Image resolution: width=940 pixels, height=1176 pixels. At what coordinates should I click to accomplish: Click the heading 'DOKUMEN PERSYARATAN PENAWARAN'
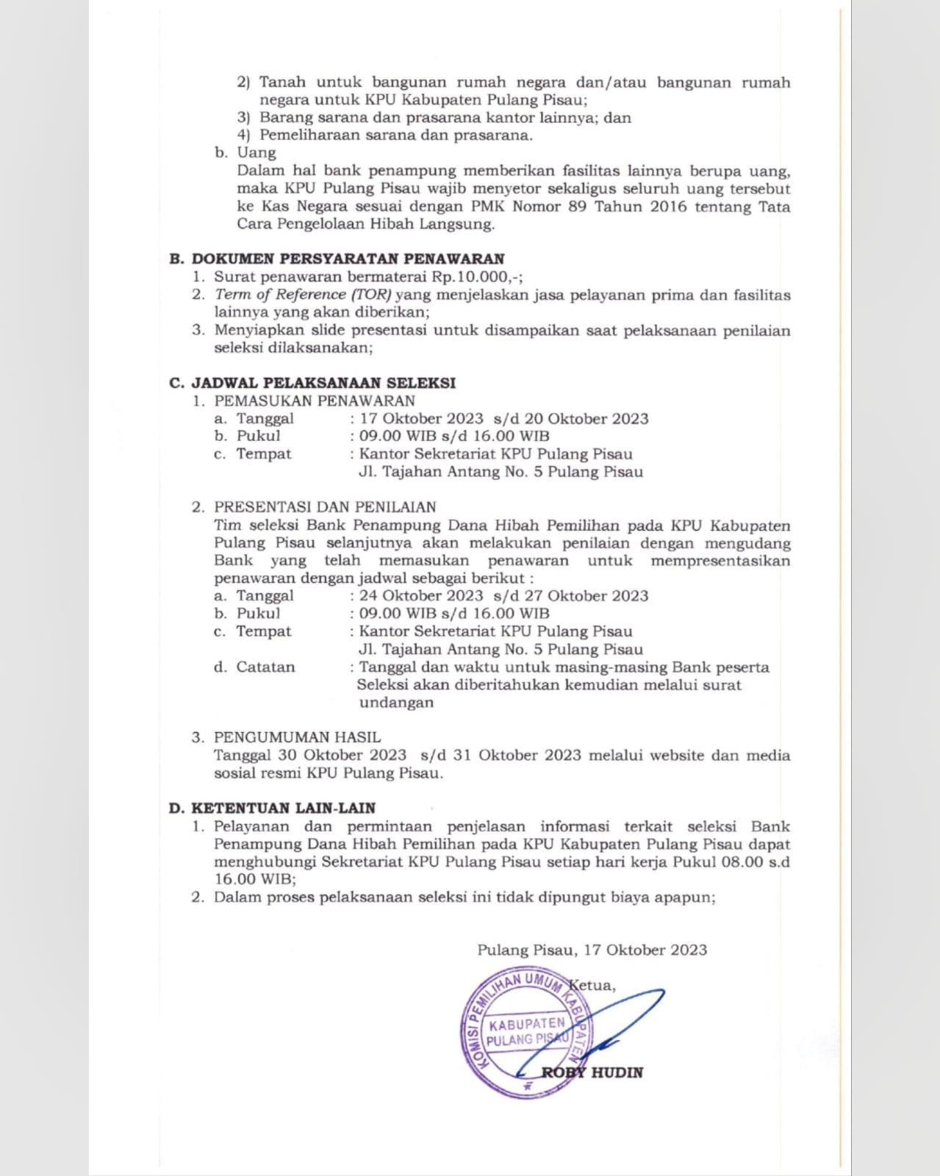click(348, 259)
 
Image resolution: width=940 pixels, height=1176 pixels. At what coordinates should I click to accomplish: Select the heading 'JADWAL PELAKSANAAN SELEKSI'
click(323, 383)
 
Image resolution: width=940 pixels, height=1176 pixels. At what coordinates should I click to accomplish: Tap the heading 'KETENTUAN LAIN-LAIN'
click(283, 808)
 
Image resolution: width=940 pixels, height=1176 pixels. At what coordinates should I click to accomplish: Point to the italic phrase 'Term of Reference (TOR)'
click(303, 295)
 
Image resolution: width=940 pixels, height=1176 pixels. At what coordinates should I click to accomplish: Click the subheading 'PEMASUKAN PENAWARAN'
click(314, 401)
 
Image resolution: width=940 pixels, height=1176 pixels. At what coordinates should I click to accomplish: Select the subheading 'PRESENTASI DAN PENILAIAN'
click(325, 506)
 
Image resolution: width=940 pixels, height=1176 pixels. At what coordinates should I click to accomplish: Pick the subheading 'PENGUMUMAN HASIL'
click(297, 737)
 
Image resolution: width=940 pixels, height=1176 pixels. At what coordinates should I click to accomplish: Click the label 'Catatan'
click(265, 667)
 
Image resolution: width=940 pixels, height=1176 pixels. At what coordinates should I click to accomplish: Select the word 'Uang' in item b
click(256, 153)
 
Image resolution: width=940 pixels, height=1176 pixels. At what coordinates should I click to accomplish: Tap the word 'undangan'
click(396, 703)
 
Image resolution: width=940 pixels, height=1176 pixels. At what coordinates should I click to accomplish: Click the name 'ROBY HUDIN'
click(592, 1072)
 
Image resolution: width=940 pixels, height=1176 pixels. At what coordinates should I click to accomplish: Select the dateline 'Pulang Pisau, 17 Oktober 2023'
click(592, 950)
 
